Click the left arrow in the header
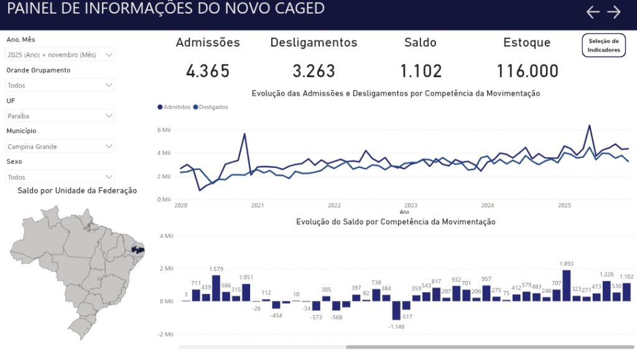[x=593, y=12]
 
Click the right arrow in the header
[x=614, y=12]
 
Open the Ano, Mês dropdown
[x=60, y=55]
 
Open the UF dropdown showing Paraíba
[x=60, y=116]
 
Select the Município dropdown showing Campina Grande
[x=60, y=147]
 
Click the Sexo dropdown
[x=60, y=177]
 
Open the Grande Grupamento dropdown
[x=60, y=85]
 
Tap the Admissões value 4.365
[x=208, y=71]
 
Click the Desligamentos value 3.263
[x=314, y=71]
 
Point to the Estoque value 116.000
[x=528, y=71]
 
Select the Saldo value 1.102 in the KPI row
[x=421, y=71]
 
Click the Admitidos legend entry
[x=175, y=107]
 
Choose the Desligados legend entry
[x=211, y=107]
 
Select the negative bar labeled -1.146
[x=396, y=310]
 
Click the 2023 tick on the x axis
[x=411, y=205]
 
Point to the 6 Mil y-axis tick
[x=164, y=130]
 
